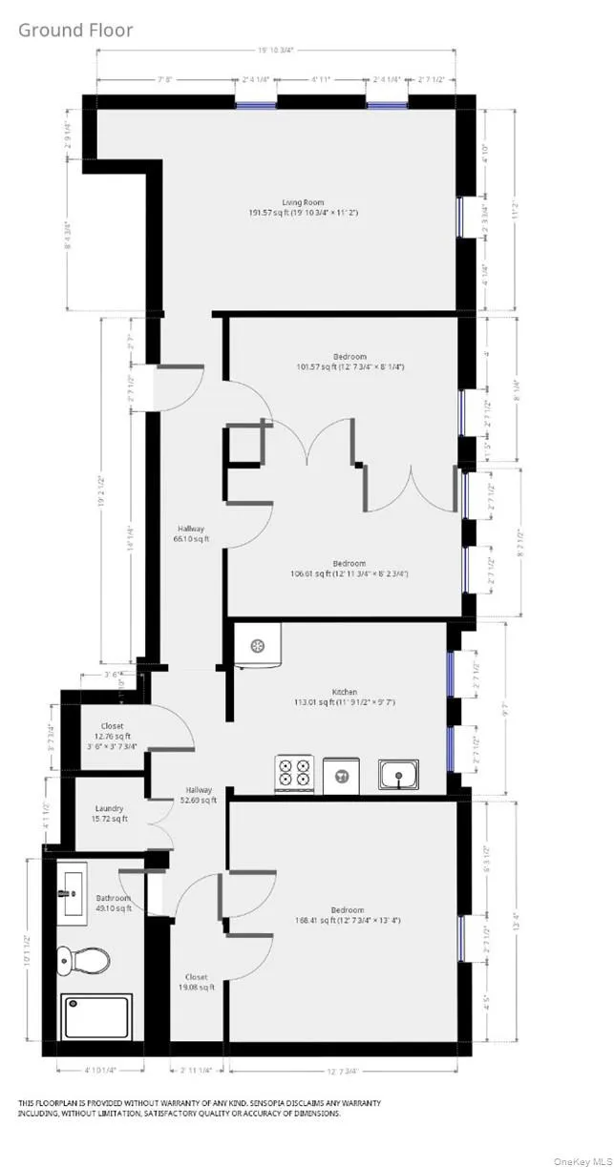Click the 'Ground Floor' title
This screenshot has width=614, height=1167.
pyautogui.click(x=75, y=31)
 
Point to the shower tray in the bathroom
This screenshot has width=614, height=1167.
pyautogui.click(x=96, y=1017)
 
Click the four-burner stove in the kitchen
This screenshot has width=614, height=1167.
pyautogui.click(x=296, y=771)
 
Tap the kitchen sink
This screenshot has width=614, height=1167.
pyautogui.click(x=398, y=774)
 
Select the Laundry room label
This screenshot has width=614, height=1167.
pyautogui.click(x=109, y=814)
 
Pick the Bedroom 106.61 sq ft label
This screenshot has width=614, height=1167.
pyautogui.click(x=349, y=569)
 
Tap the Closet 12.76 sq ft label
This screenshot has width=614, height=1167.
pyautogui.click(x=111, y=732)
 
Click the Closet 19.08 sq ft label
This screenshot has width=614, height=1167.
pyautogui.click(x=196, y=982)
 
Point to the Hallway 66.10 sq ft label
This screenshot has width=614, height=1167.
pyautogui.click(x=190, y=533)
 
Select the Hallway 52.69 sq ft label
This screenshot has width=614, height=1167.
pyautogui.click(x=199, y=795)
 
